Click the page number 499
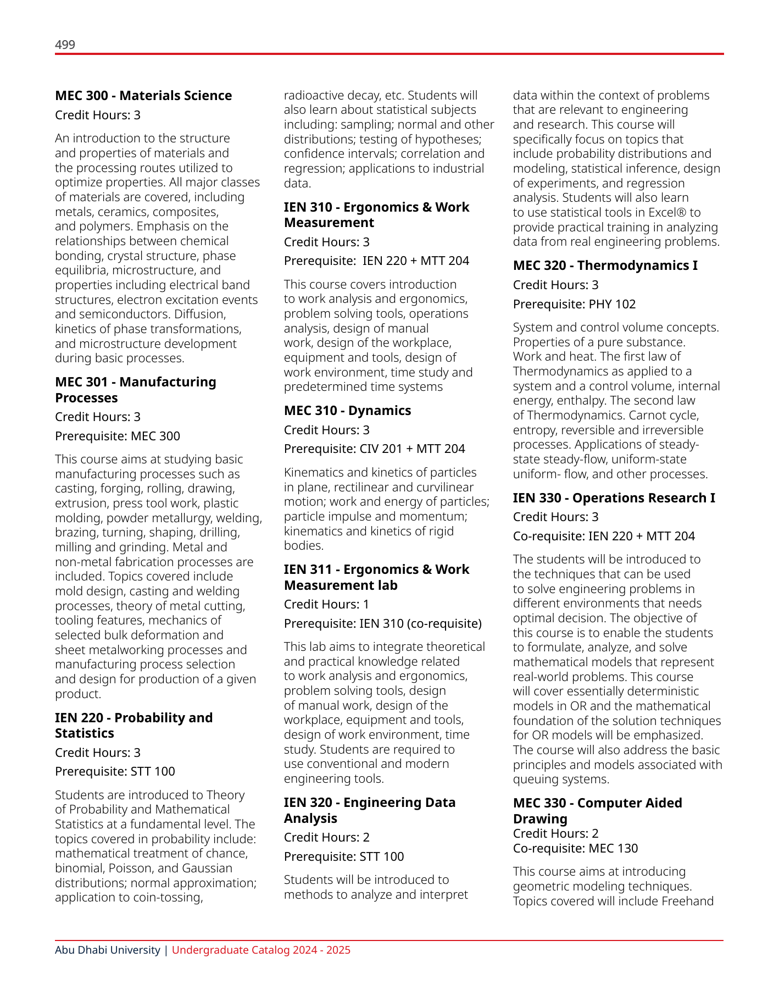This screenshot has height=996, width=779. (65, 45)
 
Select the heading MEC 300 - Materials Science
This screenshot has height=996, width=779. (143, 96)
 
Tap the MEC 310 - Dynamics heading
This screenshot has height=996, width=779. (347, 411)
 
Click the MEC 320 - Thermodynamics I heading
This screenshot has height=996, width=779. (605, 265)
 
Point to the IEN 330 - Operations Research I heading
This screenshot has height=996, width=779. (614, 498)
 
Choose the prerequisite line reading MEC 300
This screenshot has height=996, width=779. (118, 436)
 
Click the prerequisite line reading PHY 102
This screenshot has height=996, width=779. (574, 304)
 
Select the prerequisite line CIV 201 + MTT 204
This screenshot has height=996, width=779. (374, 449)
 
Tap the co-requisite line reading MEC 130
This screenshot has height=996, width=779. (575, 848)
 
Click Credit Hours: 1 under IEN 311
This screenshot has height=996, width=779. (326, 604)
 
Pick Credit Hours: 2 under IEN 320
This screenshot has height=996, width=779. (326, 837)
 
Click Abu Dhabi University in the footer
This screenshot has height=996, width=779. (107, 950)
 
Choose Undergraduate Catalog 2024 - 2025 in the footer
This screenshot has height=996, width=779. (261, 950)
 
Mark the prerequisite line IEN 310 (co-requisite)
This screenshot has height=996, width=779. (382, 623)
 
